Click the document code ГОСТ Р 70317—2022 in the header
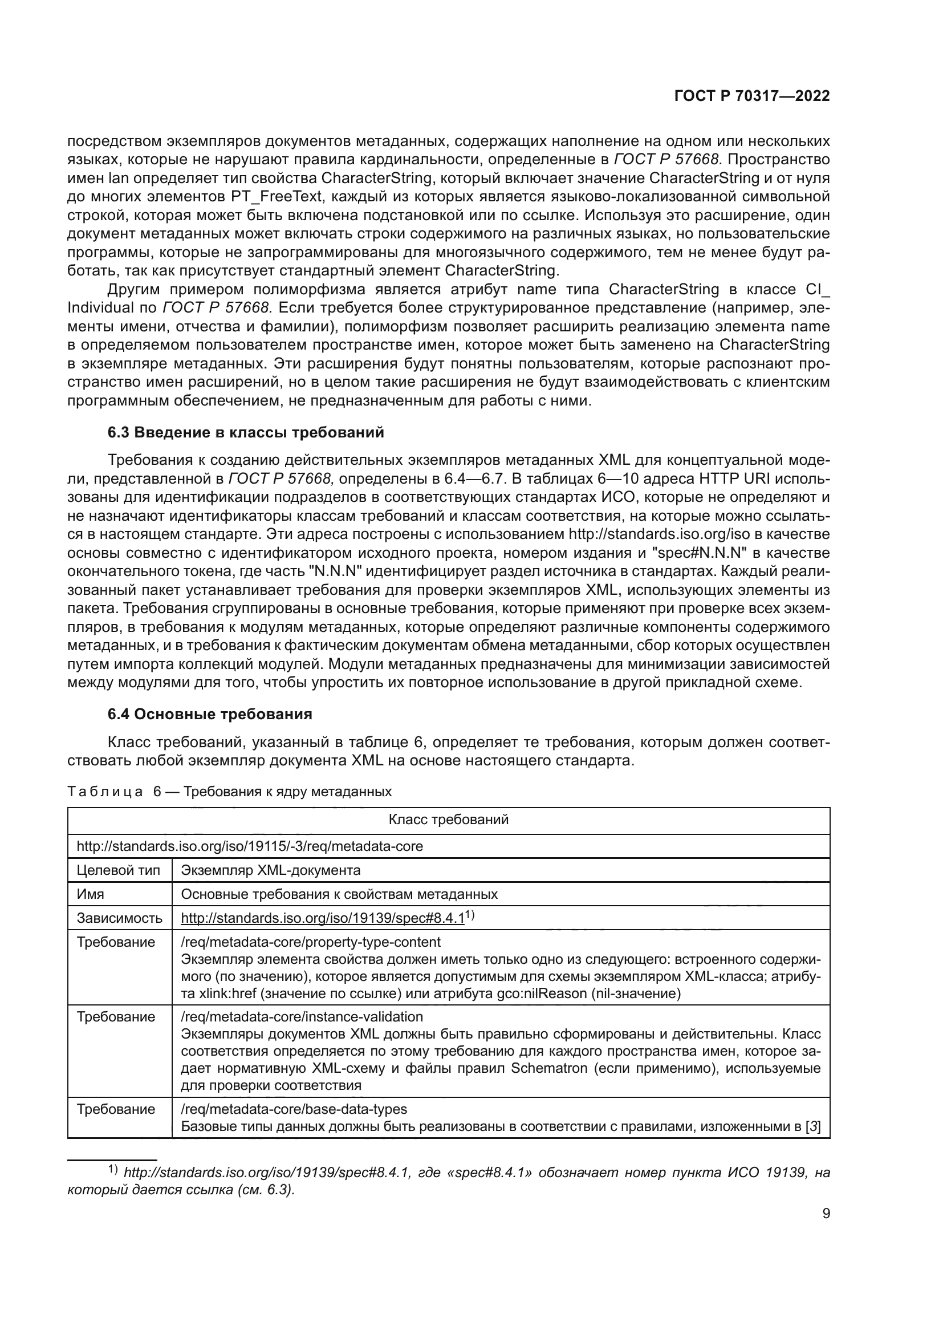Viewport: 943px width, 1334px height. pos(751,96)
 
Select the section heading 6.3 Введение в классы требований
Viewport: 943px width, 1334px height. pos(246,433)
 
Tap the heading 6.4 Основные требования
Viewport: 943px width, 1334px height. pos(210,714)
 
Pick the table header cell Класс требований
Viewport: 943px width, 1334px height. pos(448,820)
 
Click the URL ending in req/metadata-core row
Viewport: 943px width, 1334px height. pos(250,846)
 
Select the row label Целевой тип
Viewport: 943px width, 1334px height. pos(111,870)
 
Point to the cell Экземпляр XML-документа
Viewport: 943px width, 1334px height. pos(271,870)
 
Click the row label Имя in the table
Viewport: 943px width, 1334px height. pos(91,894)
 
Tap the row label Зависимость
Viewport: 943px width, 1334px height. pos(120,919)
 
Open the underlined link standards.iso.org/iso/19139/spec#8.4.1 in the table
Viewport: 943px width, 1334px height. pos(323,919)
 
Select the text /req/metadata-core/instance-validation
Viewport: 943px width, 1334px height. pos(302,1017)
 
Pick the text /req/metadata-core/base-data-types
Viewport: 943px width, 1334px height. pos(294,1109)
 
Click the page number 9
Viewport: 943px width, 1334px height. pos(826,1214)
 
